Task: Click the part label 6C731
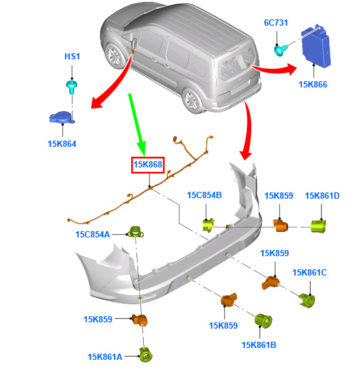pos(276,22)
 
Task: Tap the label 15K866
pos(312,84)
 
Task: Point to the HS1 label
pos(72,56)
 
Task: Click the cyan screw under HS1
pos(71,87)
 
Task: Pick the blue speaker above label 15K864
pos(62,117)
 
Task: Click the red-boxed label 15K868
pos(147,164)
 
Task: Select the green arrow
pos(137,125)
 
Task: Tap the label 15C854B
pos(204,195)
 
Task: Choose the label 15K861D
pos(322,196)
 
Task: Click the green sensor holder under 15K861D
pos(319,226)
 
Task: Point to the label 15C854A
pos(92,234)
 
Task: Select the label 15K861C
pos(309,272)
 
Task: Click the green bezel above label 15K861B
pos(263,320)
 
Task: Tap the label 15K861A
pos(105,357)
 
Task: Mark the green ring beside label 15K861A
pos(146,355)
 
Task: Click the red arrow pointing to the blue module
pos(274,69)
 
